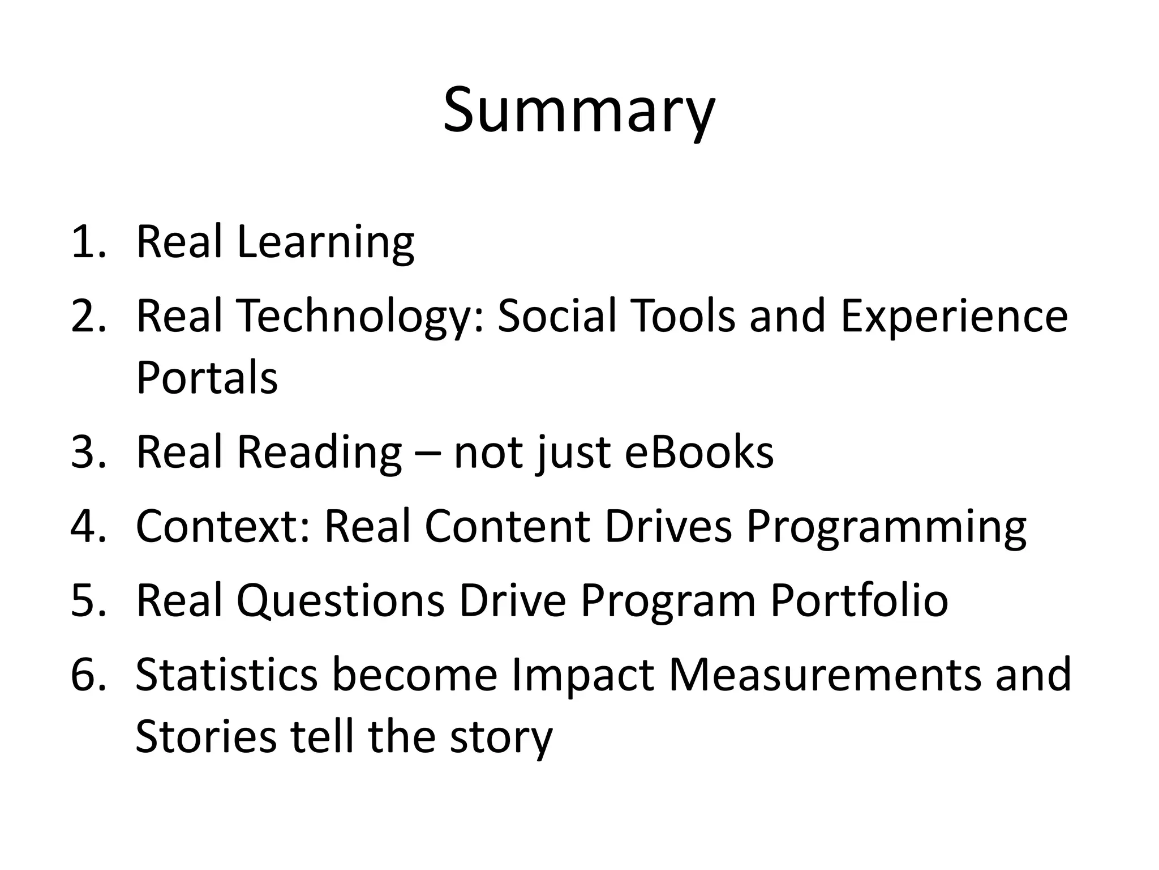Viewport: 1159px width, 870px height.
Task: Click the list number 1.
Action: pyautogui.click(x=88, y=242)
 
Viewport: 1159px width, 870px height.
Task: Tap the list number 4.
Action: pyautogui.click(x=88, y=527)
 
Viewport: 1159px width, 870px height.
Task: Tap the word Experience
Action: pyautogui.click(x=954, y=317)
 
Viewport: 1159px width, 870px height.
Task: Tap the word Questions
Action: pyautogui.click(x=340, y=600)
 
